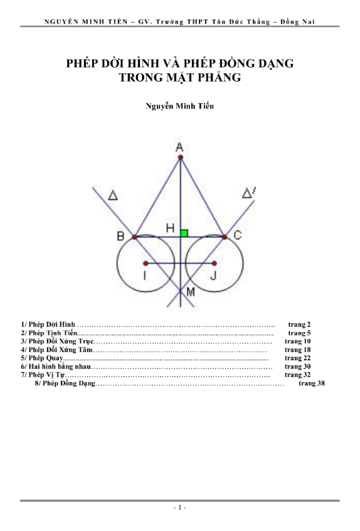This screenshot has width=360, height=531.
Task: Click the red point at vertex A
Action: pos(181,157)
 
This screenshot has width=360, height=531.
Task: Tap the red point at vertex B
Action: pos(135,237)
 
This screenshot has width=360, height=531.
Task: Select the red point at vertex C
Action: pos(225,237)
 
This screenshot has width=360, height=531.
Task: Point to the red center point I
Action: pos(146,263)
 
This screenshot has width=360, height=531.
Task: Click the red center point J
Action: pos(214,263)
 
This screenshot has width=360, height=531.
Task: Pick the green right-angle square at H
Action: pos(184,233)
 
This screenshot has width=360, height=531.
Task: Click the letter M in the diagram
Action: pos(191,292)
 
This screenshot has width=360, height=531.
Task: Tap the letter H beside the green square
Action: pos(170,228)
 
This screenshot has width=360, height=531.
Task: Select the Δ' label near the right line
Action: pos(249,193)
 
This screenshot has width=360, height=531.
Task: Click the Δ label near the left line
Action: pos(113,195)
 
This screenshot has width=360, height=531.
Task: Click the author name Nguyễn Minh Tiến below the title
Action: pos(179,106)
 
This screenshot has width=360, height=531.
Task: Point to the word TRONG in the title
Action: pos(139,78)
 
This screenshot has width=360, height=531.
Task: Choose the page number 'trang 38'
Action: pos(312,383)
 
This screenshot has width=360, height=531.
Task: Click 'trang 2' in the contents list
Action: pos(299,324)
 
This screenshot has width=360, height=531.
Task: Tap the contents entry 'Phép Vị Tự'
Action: pos(46,375)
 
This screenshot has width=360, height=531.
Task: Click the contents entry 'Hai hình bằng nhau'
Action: pos(60,367)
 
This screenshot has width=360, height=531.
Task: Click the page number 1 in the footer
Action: pos(179,507)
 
